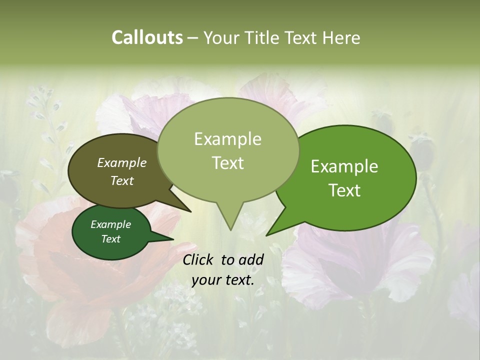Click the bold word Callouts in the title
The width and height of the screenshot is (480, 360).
[x=147, y=37]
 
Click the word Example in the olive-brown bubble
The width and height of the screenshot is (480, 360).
[x=122, y=162]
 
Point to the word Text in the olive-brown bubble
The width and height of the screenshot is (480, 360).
[x=122, y=180]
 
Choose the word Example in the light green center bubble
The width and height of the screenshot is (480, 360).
[x=227, y=139]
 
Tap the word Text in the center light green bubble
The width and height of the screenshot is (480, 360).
[x=227, y=163]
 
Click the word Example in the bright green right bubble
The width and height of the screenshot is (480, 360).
[x=344, y=166]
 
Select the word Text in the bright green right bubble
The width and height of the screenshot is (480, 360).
[x=344, y=190]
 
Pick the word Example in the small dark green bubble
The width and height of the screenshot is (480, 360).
[x=110, y=224]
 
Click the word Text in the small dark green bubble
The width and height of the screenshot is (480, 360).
[x=110, y=239]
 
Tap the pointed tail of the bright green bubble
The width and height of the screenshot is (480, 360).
[x=267, y=234]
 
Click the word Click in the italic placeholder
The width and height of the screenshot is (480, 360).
[x=199, y=259]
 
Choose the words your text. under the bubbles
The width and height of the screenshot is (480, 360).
[x=222, y=280]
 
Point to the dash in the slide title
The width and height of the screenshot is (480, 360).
[x=193, y=38]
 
